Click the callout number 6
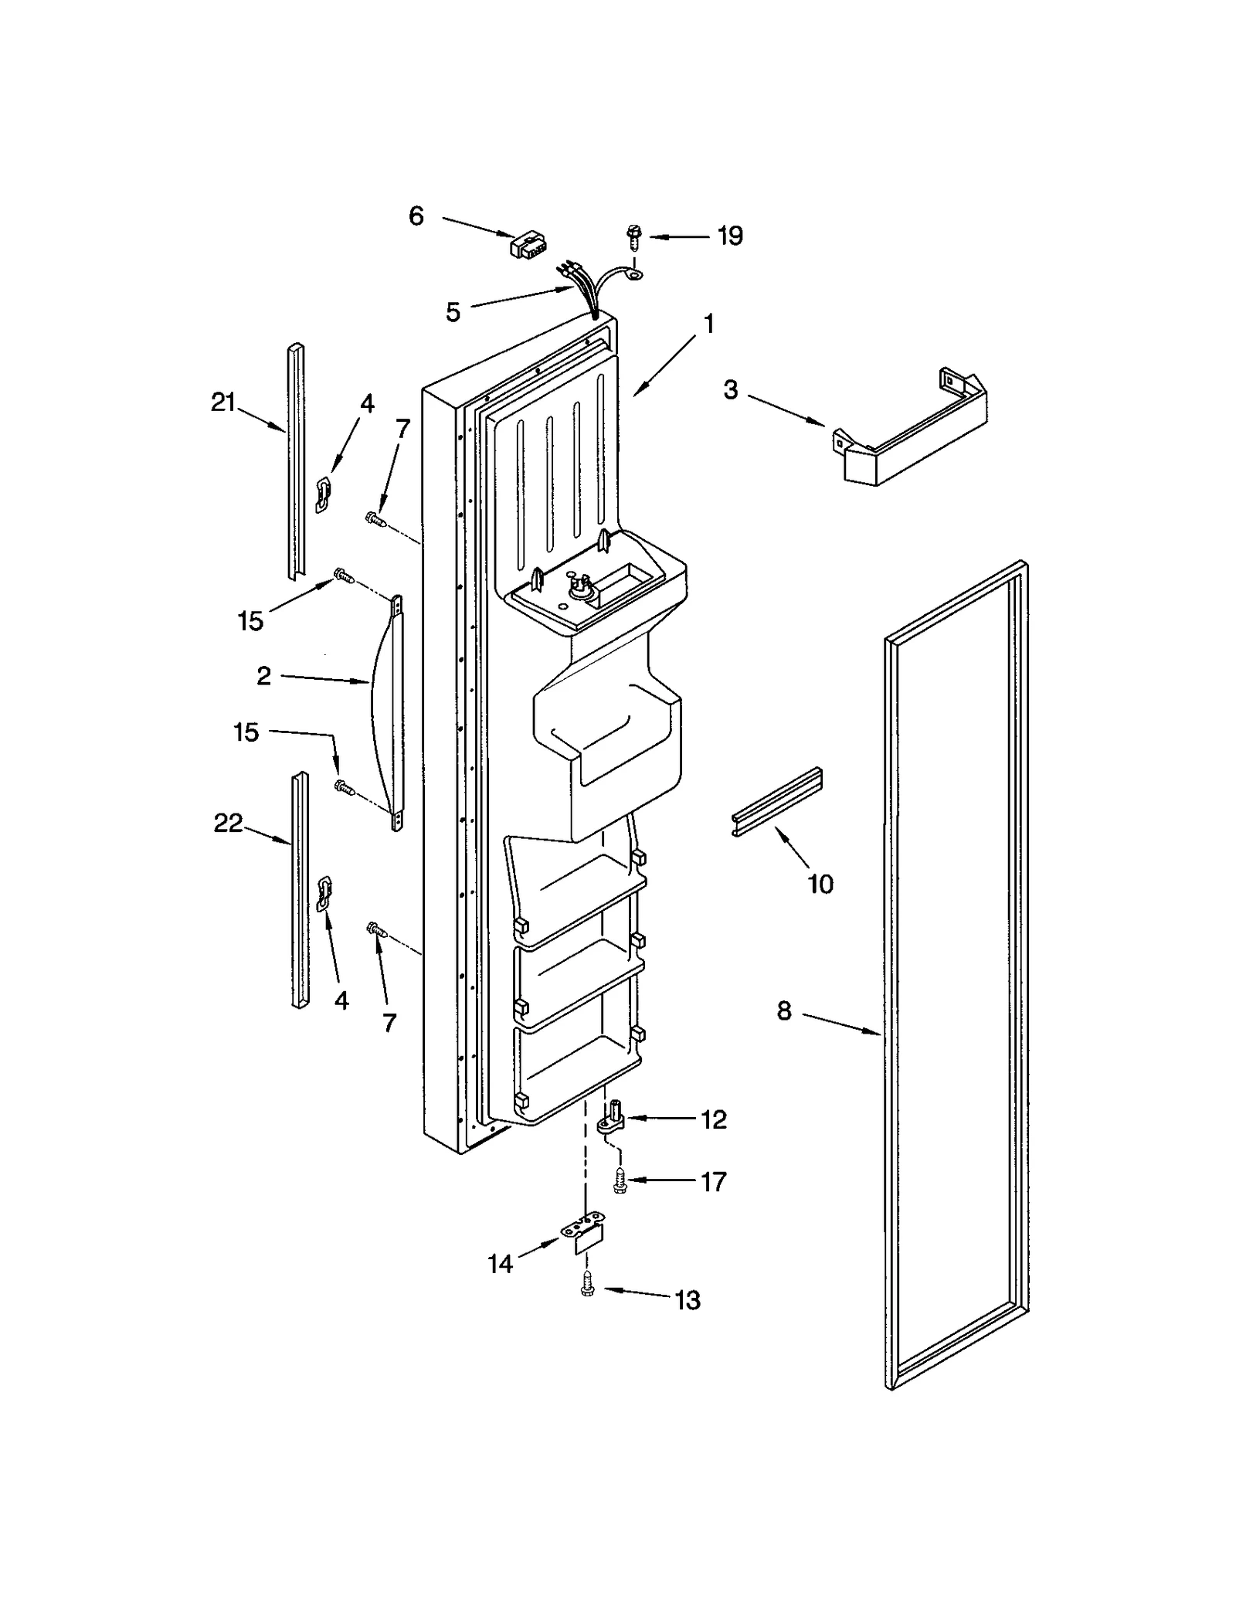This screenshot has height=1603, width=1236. (416, 216)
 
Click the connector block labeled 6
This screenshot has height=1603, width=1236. (524, 245)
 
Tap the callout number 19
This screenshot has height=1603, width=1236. (729, 236)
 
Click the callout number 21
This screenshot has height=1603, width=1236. (223, 402)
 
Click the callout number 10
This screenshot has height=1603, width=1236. (820, 884)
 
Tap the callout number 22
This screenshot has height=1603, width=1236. (228, 824)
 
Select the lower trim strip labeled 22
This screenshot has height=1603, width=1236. (298, 888)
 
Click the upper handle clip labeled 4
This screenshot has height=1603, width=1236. (324, 493)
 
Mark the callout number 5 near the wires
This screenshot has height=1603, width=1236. (453, 312)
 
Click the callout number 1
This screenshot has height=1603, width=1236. (708, 324)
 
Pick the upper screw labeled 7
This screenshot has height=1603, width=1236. (375, 520)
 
